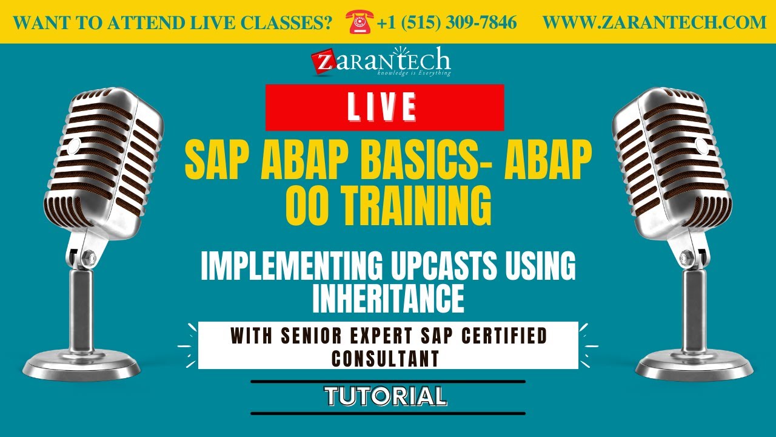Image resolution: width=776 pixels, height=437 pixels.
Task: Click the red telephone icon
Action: [x=359, y=22]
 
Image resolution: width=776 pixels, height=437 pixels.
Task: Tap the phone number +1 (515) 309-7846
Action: [x=447, y=23]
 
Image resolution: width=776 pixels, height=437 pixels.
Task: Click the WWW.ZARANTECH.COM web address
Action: [x=654, y=23]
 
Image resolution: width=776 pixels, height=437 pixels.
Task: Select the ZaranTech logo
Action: [x=381, y=62]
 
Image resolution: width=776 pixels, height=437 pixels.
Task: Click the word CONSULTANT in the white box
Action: [x=386, y=358]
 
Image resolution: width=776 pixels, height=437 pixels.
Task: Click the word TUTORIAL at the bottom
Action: [x=386, y=396]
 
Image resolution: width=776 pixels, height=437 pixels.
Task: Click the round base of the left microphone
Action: [x=82, y=364]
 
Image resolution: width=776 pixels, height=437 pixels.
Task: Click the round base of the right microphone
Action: [x=695, y=364]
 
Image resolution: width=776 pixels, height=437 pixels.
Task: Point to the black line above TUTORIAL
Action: [x=388, y=382]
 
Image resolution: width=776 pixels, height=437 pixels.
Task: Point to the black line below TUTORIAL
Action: [x=388, y=413]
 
